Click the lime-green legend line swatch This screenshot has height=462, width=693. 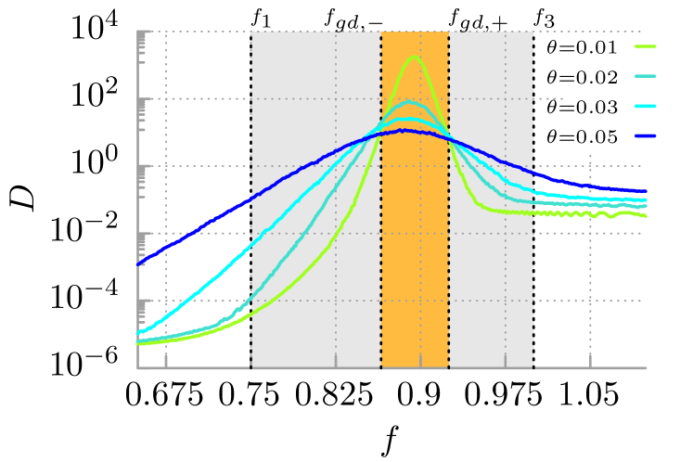[x=645, y=45]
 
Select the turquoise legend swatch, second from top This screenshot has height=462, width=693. [x=645, y=76]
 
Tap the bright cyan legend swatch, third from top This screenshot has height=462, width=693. [x=645, y=106]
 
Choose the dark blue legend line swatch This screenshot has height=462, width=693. [x=645, y=136]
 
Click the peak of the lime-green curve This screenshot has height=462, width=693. [x=414, y=57]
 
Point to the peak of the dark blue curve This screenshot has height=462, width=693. [x=403, y=130]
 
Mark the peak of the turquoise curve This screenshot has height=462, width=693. [x=411, y=101]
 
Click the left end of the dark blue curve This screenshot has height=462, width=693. [x=138, y=264]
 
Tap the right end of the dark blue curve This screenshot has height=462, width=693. [x=645, y=191]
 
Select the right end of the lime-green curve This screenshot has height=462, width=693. [x=645, y=215]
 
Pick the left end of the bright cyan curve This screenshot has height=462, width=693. [x=138, y=333]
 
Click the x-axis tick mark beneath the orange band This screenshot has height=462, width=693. [x=420, y=361]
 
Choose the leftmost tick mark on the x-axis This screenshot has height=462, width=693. [x=166, y=361]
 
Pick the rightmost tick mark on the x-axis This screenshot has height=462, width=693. [x=590, y=361]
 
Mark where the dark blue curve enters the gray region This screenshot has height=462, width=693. [x=250, y=199]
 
